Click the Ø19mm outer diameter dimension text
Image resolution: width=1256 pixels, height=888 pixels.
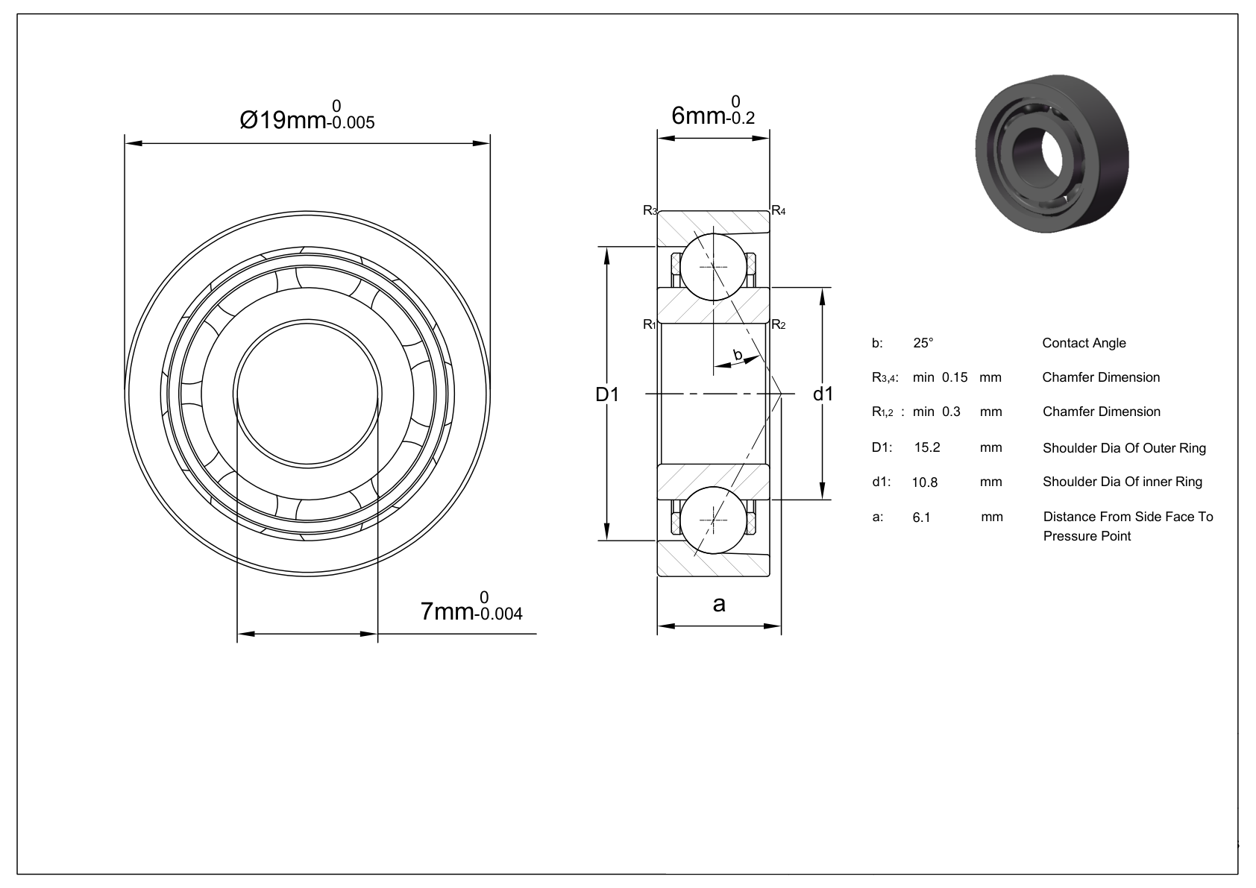click(x=307, y=115)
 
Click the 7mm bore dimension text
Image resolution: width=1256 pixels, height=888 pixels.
click(x=471, y=607)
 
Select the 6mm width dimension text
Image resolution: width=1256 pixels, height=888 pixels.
click(x=713, y=111)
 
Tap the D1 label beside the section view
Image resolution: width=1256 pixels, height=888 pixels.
click(x=607, y=394)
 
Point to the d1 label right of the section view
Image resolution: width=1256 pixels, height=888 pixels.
click(x=823, y=394)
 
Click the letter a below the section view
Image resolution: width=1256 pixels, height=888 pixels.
click(x=718, y=604)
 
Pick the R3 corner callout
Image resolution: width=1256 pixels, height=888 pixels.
click(x=650, y=210)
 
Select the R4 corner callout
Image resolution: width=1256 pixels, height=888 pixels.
click(x=779, y=210)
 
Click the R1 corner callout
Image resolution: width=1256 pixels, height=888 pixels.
click(x=650, y=324)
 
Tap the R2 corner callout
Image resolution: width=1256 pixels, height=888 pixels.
click(x=779, y=324)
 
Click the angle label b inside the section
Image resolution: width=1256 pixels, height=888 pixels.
click(x=738, y=355)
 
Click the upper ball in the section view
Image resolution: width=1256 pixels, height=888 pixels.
click(x=714, y=266)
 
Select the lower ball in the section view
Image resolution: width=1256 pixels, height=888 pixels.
click(x=714, y=520)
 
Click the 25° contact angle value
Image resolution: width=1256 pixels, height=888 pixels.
click(x=923, y=343)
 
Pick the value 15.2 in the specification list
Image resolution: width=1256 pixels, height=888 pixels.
click(x=927, y=447)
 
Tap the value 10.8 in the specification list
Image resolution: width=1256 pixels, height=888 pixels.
click(x=925, y=482)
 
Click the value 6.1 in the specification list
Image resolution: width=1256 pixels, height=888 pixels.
click(x=922, y=517)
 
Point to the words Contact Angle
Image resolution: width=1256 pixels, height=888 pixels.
click(x=1084, y=343)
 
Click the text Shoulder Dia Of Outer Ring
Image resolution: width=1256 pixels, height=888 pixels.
click(x=1124, y=448)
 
